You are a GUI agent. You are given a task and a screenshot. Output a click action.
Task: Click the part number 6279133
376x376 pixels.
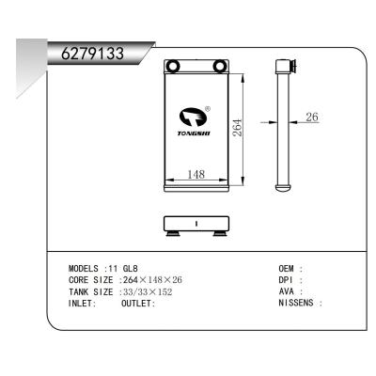pyautogui.click(x=92, y=54)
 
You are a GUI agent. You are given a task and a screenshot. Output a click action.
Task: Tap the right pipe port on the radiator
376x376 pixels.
pyautogui.click(x=220, y=66)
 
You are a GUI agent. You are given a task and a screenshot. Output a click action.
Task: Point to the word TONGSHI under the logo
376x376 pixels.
pyautogui.click(x=195, y=133)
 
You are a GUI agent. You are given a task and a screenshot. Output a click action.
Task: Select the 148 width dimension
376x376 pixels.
pyautogui.click(x=196, y=174)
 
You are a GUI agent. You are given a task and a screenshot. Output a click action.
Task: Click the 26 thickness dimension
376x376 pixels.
pyautogui.click(x=313, y=117)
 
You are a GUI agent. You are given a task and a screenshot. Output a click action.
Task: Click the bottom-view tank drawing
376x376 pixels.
pyautogui.click(x=196, y=226)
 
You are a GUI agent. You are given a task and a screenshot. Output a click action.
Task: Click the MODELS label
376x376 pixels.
pyautogui.click(x=86, y=269)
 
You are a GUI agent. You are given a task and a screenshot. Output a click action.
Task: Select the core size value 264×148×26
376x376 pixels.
pyautogui.click(x=152, y=280)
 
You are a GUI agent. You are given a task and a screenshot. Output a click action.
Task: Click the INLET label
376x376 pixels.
pyautogui.click(x=83, y=304)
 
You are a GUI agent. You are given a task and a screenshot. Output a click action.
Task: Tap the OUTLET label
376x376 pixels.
pyautogui.click(x=138, y=304)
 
